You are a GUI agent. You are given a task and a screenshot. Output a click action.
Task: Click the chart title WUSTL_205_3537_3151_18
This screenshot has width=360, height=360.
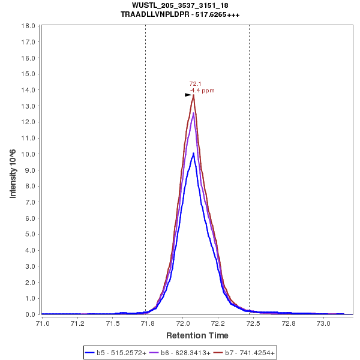(180, 5)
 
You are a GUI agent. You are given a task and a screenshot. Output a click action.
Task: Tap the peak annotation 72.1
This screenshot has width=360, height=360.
(195, 84)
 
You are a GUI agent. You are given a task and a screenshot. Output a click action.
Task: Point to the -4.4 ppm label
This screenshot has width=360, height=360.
(202, 91)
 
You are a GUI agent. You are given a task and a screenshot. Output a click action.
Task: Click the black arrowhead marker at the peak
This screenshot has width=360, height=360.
(188, 95)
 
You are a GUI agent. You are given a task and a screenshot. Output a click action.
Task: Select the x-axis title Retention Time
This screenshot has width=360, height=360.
(197, 335)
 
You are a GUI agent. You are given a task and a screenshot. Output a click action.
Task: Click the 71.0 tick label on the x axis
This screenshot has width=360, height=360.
(42, 323)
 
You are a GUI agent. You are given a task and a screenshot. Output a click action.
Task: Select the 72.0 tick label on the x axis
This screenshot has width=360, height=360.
(183, 323)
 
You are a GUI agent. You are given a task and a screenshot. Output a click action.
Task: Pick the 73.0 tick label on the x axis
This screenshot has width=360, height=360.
(323, 323)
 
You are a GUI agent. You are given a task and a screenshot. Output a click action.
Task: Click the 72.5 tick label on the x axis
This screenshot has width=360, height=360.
(253, 323)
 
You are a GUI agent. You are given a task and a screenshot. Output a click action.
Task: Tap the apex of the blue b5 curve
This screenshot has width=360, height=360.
(193, 153)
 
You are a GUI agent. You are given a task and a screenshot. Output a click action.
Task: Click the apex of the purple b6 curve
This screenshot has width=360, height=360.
(193, 113)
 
